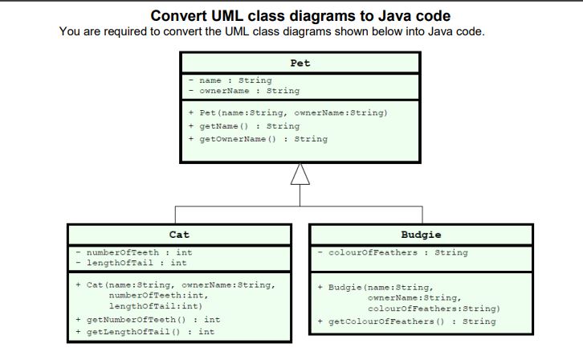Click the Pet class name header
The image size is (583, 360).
[x=300, y=63]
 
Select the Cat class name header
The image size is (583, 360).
[x=179, y=235]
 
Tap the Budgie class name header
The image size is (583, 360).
[x=421, y=235]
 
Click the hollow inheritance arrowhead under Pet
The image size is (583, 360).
[x=300, y=173]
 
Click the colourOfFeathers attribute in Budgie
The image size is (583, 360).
[x=396, y=252]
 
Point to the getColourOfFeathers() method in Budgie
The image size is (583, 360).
[x=410, y=321]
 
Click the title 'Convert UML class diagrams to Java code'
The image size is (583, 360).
[x=300, y=16]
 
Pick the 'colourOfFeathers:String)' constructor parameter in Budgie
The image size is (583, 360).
[x=433, y=309]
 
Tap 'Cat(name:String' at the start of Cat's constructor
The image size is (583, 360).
[x=121, y=285]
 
